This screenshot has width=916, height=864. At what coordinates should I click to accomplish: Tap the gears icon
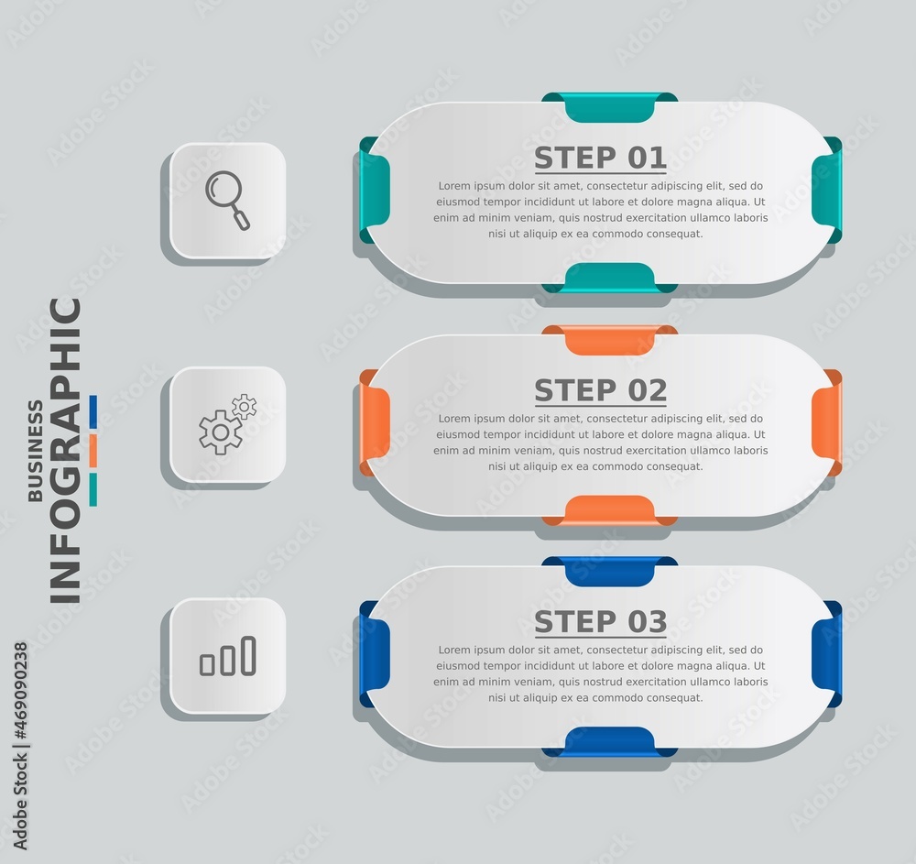pos(227,424)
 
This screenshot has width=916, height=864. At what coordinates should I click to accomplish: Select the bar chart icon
pos(228,656)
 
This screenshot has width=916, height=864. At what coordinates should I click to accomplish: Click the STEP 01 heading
pos(601,159)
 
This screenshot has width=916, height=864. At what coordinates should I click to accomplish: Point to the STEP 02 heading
pos(601,391)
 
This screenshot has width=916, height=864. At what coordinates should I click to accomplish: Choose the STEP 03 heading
pos(601,622)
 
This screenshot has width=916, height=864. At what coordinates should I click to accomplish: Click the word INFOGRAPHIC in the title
pos(65,451)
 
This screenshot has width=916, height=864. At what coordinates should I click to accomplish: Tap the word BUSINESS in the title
pos(36,451)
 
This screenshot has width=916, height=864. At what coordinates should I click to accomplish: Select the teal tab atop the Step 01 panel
pos(609,107)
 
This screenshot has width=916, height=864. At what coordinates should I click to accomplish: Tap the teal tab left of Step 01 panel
pos(374,190)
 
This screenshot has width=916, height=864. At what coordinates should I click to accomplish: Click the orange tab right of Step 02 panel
pos(826,422)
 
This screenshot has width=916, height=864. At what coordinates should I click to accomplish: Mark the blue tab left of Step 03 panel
pos(374,653)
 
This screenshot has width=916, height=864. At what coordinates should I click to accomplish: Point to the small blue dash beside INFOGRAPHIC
pos(93,412)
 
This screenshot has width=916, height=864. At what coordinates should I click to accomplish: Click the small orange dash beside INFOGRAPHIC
pos(93,451)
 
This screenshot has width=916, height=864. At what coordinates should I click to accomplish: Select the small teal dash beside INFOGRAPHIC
pos(93,489)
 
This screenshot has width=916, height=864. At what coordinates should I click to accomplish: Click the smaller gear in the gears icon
pos(245,407)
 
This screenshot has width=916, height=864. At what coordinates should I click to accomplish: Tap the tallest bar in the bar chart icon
pos(249,655)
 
